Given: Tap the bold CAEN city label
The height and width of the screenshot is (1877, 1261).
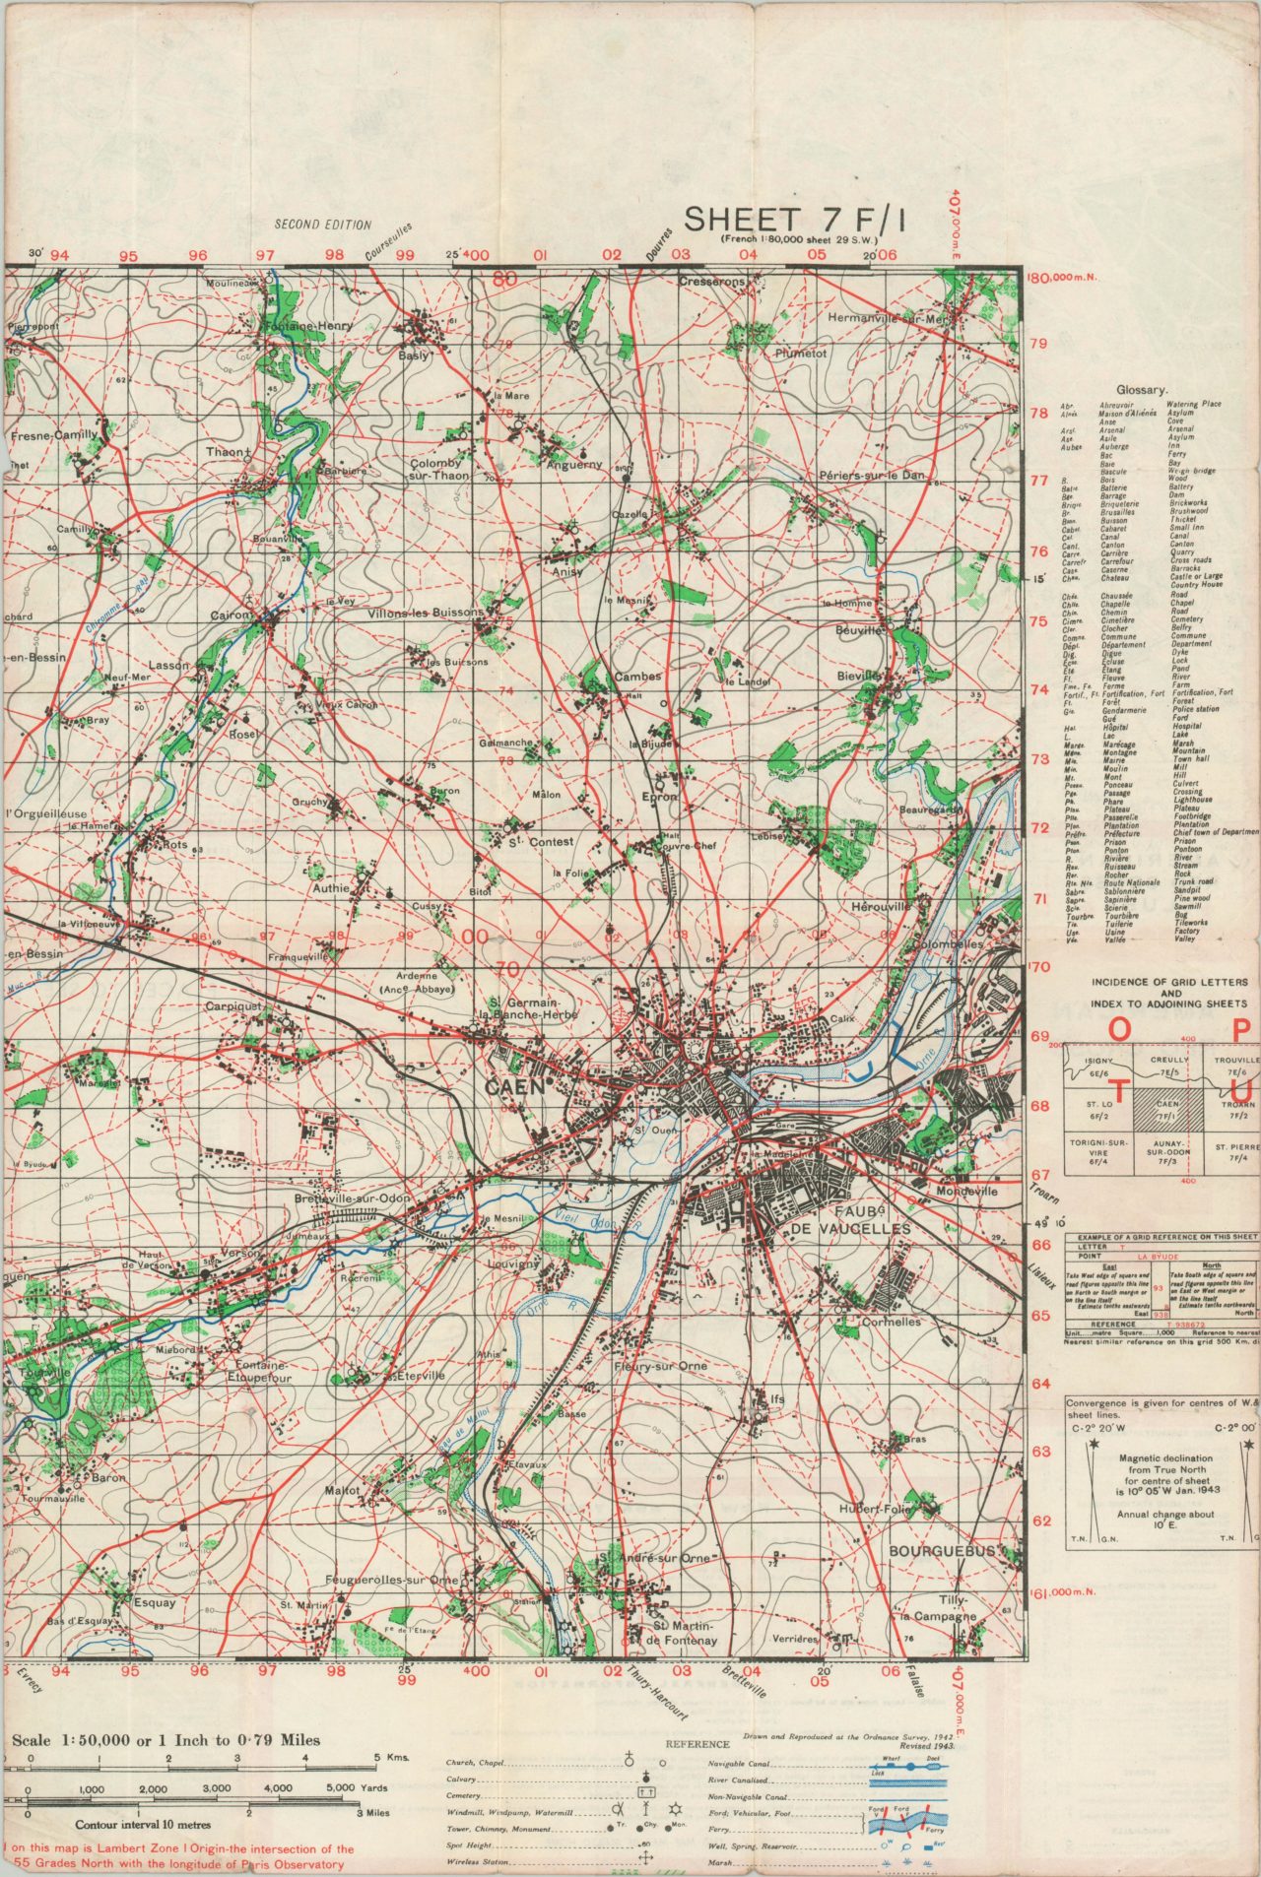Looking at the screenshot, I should coord(514,1087).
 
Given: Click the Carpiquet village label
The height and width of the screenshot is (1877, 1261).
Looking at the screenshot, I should coord(233,1006).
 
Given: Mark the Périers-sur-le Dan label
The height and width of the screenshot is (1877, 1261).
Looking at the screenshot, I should coord(872,476).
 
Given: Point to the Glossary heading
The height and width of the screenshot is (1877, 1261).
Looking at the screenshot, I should coord(1142,390).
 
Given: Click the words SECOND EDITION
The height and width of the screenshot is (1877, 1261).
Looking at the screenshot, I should coord(323,225).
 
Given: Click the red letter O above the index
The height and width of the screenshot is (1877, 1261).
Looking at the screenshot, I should coord(1119,1028).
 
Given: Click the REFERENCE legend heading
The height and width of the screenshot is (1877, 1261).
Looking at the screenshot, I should coord(697,1743).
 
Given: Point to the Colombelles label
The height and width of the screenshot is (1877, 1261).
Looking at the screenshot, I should coord(950,943).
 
